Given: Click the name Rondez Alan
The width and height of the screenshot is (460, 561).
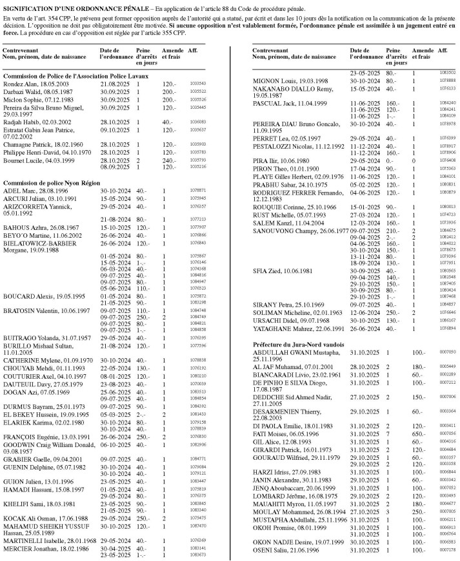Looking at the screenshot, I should (18, 84).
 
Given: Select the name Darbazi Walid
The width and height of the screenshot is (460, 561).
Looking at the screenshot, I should (20, 91).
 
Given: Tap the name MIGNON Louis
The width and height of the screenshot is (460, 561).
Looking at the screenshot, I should (268, 81).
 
